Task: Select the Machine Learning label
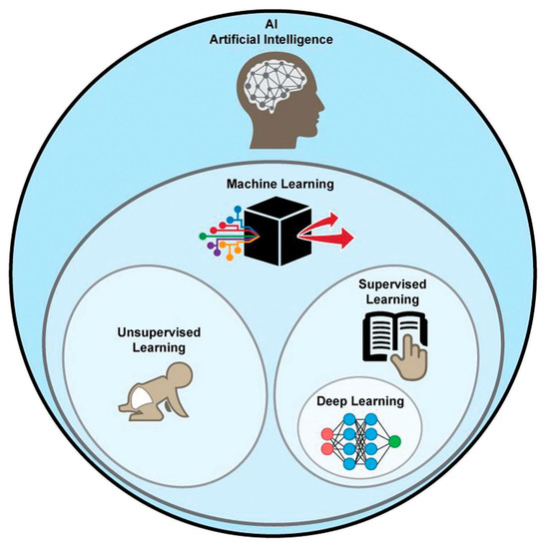(x=273, y=186)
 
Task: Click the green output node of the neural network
(x=400, y=439)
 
